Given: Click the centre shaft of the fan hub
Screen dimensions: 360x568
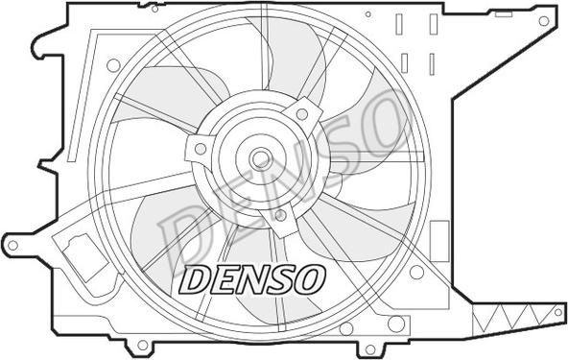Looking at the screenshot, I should tap(259, 158).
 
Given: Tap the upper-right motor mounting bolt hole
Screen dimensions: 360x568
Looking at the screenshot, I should tap(302, 114).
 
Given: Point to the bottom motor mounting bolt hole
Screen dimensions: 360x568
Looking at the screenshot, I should tap(279, 215).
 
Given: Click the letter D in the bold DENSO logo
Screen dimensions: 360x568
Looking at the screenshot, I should tap(195, 278).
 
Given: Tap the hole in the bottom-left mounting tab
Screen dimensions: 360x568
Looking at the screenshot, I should tap(142, 345).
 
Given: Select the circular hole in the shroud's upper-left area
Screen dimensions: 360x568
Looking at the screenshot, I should tap(113, 65).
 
